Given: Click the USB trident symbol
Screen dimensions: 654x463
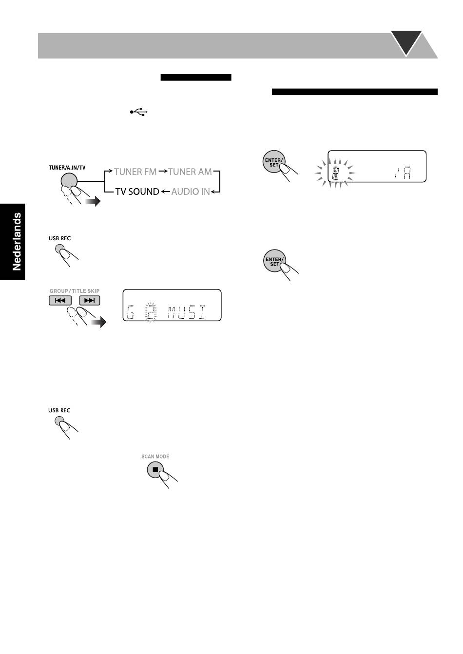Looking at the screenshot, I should [139, 112].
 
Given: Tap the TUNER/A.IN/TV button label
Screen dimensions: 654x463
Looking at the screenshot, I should [67, 168].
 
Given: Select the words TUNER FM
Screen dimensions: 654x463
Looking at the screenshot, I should [135, 172].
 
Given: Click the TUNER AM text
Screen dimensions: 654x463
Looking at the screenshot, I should [190, 172].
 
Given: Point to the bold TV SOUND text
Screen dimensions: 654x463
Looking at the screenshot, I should [137, 192].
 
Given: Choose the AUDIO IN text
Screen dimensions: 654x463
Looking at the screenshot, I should [191, 192].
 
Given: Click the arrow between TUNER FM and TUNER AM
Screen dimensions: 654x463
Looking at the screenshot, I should [162, 172].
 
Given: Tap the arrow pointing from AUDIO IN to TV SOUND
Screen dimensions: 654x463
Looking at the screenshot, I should [165, 192].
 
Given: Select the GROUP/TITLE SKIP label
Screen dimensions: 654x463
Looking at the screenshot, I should [75, 291].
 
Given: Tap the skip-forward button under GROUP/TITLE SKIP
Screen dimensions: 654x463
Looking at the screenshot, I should [89, 300].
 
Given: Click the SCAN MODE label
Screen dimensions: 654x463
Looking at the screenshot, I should [155, 457].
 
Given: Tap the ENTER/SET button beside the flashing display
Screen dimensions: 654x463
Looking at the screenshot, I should [273, 162].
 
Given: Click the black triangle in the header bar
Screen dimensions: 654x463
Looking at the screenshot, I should [406, 43].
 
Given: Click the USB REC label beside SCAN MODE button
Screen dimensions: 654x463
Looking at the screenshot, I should [59, 410].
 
